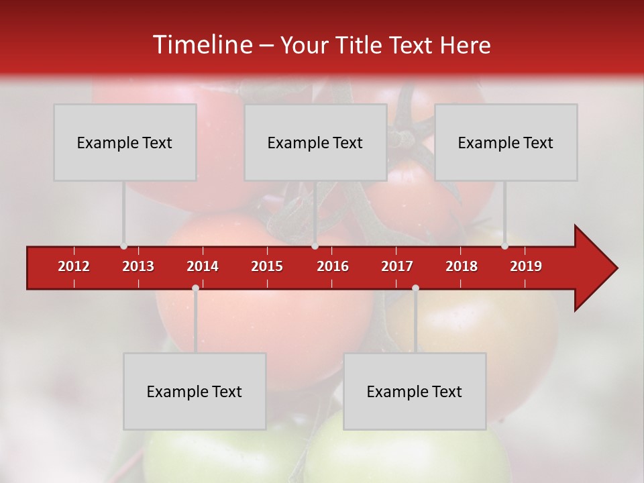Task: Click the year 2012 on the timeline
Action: [74, 266]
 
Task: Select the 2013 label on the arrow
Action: [138, 266]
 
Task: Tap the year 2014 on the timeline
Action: [203, 266]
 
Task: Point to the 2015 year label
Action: [267, 266]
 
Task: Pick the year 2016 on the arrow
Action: [333, 266]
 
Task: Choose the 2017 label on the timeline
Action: [397, 266]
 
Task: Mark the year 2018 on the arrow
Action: [462, 266]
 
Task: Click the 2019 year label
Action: [526, 266]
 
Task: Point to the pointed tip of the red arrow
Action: [616, 268]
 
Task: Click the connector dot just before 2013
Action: [123, 246]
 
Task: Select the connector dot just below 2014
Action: [195, 288]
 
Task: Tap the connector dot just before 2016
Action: [315, 246]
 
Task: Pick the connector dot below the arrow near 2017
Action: [415, 288]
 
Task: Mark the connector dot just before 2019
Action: [504, 246]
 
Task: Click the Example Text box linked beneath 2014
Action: [195, 391]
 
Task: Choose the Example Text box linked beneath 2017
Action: [415, 391]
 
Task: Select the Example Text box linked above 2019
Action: [506, 142]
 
